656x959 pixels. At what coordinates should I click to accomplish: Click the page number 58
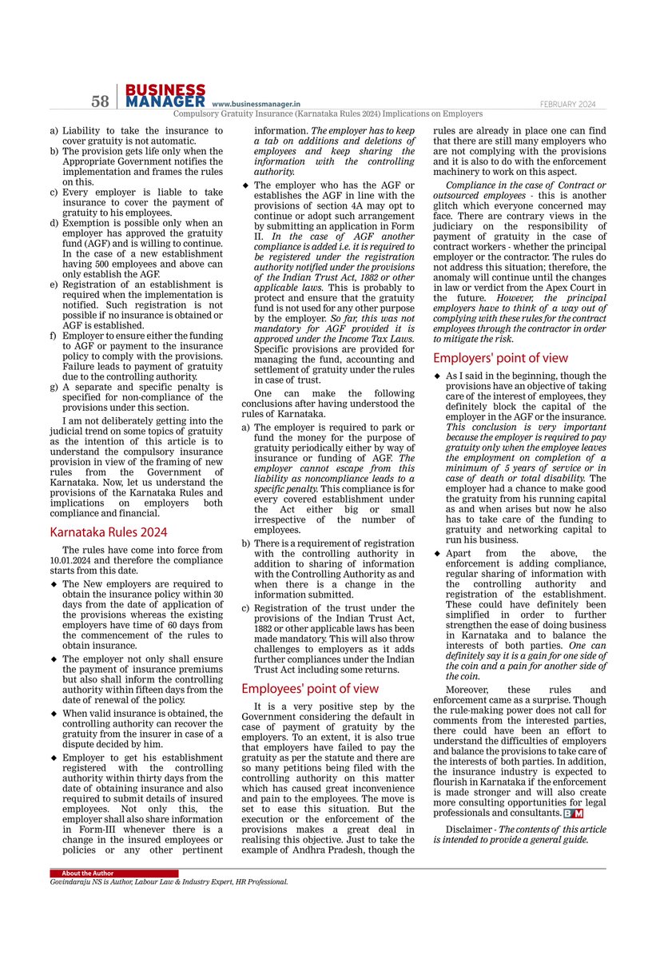[x=100, y=101]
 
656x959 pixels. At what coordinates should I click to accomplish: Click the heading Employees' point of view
[x=310, y=688]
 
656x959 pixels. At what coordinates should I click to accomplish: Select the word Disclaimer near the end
[x=468, y=829]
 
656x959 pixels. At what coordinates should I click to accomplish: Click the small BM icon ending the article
[x=574, y=814]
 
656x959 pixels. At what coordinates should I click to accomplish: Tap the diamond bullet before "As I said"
[x=437, y=376]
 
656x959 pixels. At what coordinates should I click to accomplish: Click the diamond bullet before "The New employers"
[x=54, y=585]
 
